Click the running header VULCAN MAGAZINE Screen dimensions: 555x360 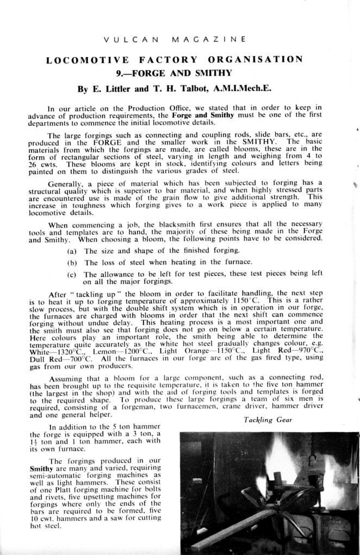click(x=175, y=40)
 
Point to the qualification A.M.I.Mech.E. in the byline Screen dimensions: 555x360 click(x=242, y=88)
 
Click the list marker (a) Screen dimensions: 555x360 click(x=72, y=251)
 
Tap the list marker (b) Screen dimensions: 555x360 click(x=72, y=263)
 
